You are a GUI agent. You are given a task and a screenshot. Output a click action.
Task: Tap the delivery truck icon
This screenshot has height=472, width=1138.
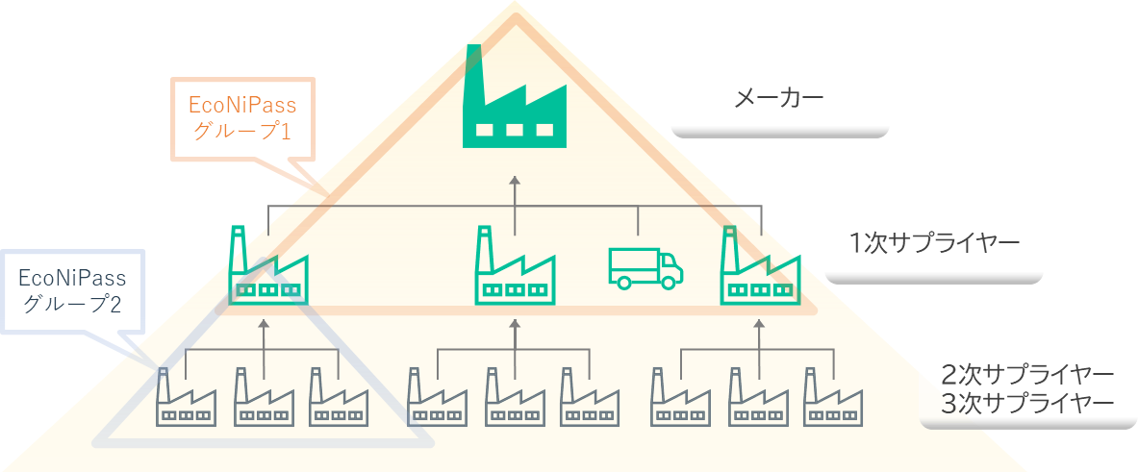[x=645, y=267]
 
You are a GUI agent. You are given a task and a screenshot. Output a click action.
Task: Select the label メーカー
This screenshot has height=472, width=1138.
[x=778, y=98]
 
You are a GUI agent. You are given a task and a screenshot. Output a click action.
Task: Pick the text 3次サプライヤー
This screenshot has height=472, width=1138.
[x=1027, y=403]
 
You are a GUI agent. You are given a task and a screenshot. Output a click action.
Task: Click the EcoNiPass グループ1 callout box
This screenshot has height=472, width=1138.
[x=241, y=118]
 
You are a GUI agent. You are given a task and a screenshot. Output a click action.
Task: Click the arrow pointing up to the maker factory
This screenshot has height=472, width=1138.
[x=514, y=192]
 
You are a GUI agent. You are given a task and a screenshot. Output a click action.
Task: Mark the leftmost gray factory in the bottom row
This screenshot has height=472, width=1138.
[x=185, y=397]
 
